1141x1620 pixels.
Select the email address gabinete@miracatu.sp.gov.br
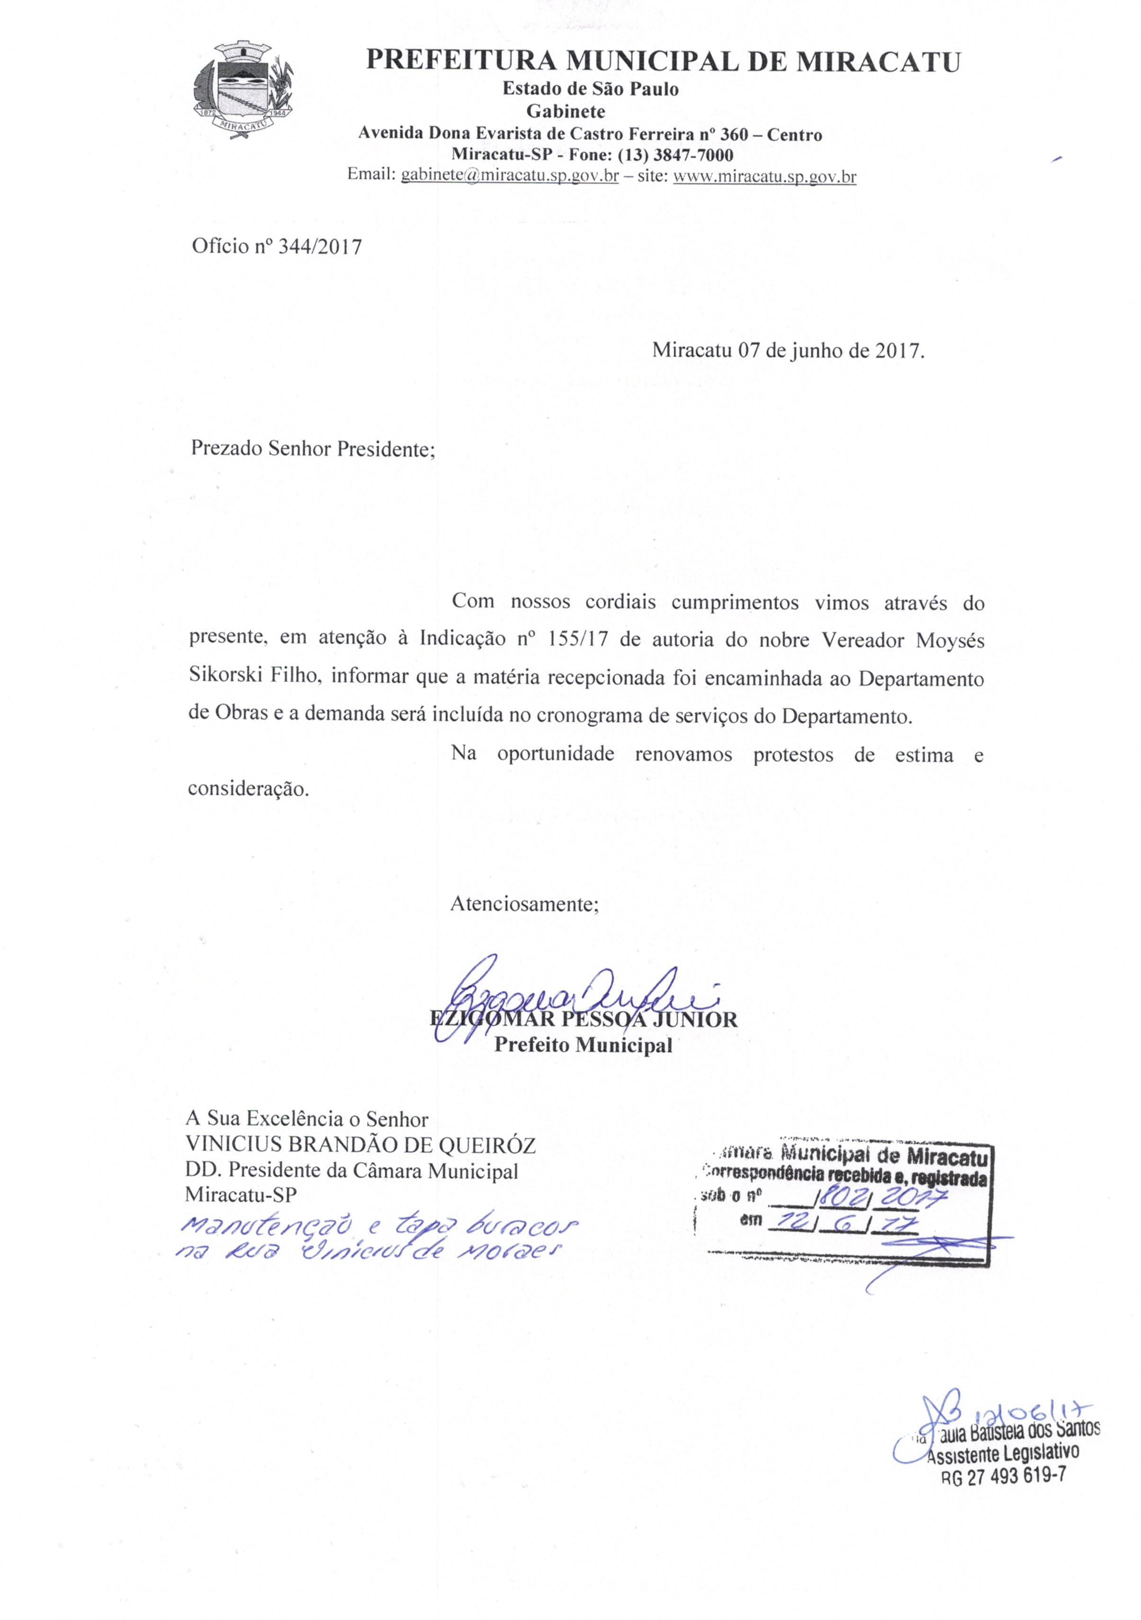tap(510, 176)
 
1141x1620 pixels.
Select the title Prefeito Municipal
tap(583, 1045)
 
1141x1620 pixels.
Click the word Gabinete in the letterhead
tap(566, 111)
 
